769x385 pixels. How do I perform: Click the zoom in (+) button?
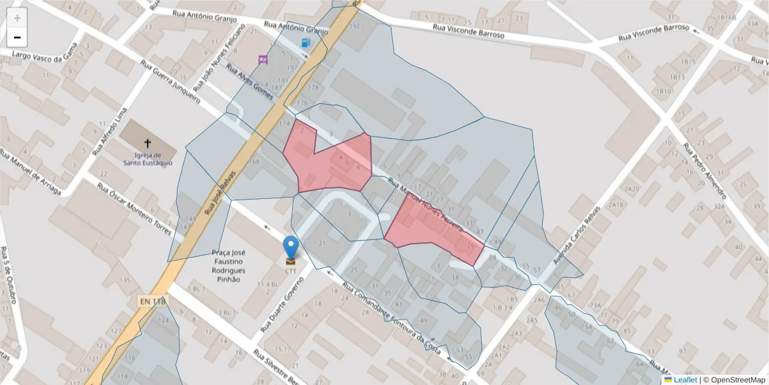tap(17, 18)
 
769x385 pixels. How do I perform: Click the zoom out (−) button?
tap(17, 37)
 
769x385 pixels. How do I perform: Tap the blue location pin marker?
tap(291, 247)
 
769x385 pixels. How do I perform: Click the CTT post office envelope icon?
tap(291, 261)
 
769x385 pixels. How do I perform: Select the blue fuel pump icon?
tap(306, 42)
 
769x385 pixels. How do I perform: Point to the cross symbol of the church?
tap(148, 144)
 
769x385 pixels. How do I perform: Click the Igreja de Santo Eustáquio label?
tap(148, 158)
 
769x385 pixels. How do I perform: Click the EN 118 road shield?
tap(152, 300)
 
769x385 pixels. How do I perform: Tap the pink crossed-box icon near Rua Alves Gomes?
tap(263, 60)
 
